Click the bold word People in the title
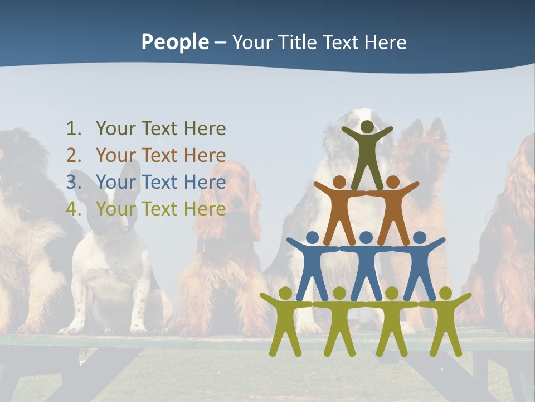(174, 42)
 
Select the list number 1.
(74, 129)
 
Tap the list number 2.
(74, 156)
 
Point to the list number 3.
(74, 183)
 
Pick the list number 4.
(74, 209)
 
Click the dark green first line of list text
(160, 129)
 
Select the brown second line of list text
(160, 156)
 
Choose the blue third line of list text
(160, 183)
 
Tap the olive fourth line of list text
(160, 209)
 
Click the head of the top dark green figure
(367, 127)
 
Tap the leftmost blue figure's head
(313, 238)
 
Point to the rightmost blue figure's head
(420, 238)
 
